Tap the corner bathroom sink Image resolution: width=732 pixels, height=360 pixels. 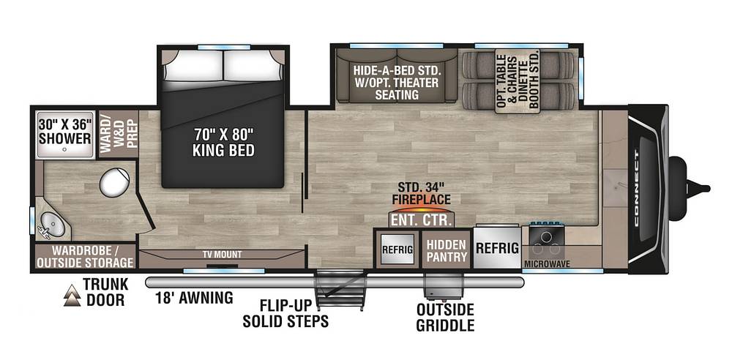coord(52,225)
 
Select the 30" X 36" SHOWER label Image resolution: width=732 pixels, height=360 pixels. coord(65,132)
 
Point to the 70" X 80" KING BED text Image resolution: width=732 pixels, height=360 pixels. coord(224,142)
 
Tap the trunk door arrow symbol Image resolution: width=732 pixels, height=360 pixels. coord(72,295)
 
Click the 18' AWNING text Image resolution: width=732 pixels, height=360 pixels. coord(194,297)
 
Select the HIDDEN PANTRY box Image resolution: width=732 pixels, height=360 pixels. coord(447,250)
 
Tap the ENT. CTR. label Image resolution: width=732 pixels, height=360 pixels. coord(421,220)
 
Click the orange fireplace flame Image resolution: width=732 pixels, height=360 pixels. coord(421,209)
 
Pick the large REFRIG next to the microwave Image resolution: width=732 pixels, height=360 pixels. coord(497,248)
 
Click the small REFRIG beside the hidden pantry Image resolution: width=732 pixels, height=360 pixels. coord(397,250)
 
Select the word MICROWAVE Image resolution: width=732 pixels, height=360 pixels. coord(547,264)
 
